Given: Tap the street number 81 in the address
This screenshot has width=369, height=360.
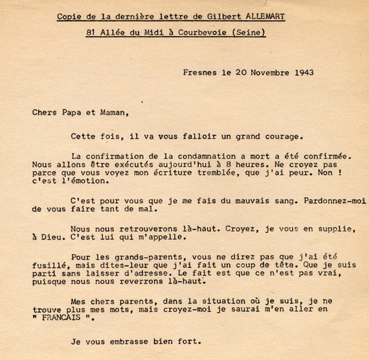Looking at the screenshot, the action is [91, 33].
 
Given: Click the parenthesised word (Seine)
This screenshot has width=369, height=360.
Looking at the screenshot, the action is [246, 33].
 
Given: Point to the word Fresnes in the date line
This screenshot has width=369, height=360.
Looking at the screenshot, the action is [199, 72].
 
